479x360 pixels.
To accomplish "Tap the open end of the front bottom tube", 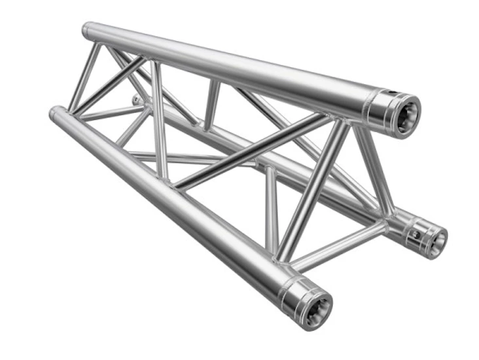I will point(314,305).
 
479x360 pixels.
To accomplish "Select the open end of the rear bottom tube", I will point(433,239).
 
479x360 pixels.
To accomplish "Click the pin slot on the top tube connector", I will point(390,95).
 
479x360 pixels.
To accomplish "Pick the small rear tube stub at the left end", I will point(135,99).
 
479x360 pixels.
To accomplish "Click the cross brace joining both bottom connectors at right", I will point(340,245).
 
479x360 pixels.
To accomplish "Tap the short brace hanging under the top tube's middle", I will point(211,105).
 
